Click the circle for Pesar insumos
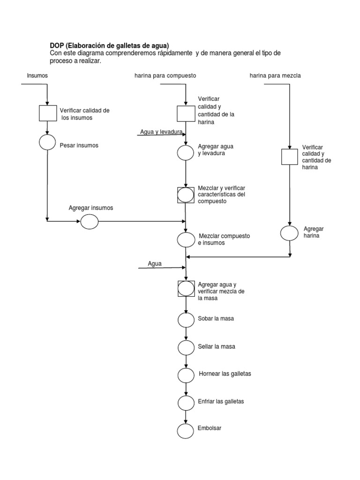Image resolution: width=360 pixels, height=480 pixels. click(47, 142)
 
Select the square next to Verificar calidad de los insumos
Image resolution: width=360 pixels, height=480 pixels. click(47, 113)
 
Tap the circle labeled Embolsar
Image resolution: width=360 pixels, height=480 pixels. click(186, 430)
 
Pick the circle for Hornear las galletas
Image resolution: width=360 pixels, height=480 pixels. click(186, 375)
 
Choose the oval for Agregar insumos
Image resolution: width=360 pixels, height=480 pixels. click(89, 221)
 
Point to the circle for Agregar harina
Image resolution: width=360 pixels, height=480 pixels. click(289, 233)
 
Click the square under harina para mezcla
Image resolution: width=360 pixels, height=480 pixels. click(289, 157)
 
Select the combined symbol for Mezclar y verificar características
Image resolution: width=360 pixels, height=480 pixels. click(186, 195)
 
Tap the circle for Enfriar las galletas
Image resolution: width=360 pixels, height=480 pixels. click(186, 403)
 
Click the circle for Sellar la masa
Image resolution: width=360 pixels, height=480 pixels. click(186, 347)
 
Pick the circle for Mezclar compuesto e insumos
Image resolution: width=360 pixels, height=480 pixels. click(186, 240)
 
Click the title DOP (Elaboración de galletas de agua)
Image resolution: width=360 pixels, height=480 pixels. click(109, 45)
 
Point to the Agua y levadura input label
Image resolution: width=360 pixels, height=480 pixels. click(161, 132)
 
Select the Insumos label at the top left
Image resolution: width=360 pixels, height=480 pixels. click(37, 75)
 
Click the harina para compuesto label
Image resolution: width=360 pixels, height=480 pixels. click(165, 75)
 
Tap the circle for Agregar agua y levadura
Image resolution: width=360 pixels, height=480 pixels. click(186, 152)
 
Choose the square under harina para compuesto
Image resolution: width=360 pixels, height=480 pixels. click(186, 113)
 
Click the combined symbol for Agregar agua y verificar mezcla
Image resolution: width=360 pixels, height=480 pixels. click(186, 289)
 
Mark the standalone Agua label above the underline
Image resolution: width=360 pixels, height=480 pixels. click(155, 263)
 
